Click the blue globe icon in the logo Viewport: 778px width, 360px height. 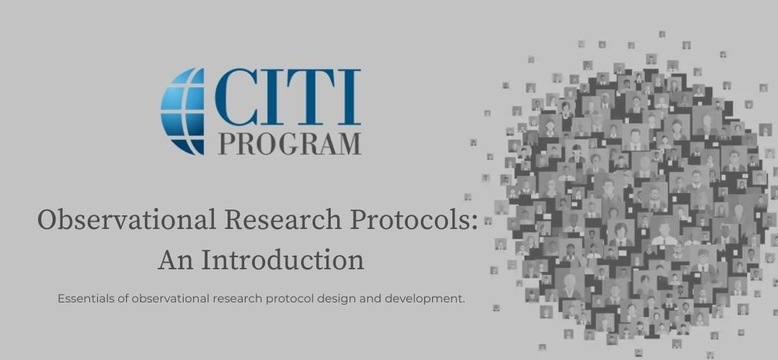(182, 112)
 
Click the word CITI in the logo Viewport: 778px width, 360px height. (287, 97)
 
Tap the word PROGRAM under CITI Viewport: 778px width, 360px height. (290, 143)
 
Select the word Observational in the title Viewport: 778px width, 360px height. (127, 220)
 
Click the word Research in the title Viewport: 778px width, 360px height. (283, 220)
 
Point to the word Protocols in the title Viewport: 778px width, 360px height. (409, 220)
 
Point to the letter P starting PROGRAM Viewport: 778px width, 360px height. (226, 143)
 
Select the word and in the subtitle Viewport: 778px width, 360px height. (368, 299)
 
